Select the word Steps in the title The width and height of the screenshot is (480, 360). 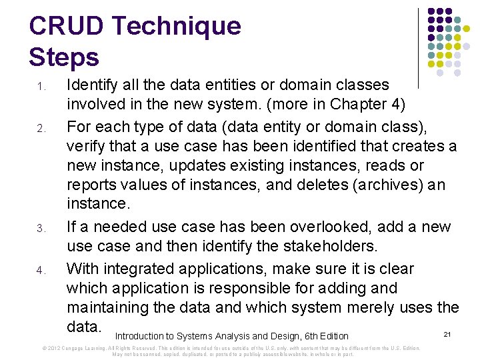[x=64, y=57]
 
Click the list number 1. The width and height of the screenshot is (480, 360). [x=41, y=87]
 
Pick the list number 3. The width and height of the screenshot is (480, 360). [x=41, y=229]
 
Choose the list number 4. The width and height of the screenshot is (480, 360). [x=41, y=271]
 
